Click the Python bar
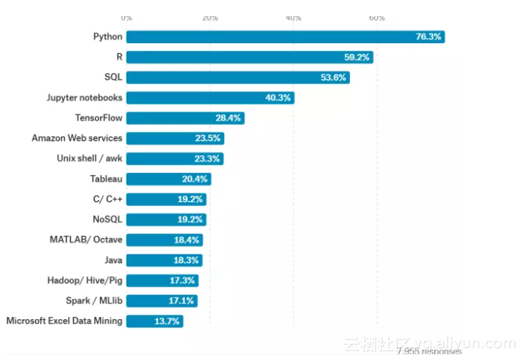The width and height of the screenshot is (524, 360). coord(285,37)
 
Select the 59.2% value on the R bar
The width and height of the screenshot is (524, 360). coord(357,57)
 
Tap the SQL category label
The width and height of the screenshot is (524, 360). coord(113,77)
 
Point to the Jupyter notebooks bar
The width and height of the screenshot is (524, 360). coord(210,97)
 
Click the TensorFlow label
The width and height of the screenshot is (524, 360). coord(99,118)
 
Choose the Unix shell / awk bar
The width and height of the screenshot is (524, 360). coord(175,158)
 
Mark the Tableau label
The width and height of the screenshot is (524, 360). coord(107,179)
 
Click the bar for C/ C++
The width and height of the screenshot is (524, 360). coord(166,199)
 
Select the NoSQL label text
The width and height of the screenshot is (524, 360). coord(107,219)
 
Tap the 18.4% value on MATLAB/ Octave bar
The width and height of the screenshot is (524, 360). coord(187,240)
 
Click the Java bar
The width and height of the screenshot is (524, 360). coord(164,260)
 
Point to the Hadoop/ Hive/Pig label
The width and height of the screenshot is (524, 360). coord(86,280)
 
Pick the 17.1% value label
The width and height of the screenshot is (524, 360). coord(182,300)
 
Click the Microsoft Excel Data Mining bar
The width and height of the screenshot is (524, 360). coord(154,321)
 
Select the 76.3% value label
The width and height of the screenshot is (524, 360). coord(428,37)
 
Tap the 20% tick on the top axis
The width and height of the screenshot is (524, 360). coord(210,18)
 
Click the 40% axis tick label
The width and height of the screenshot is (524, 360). coord(294,18)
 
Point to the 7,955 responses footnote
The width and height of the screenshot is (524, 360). coord(429,352)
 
